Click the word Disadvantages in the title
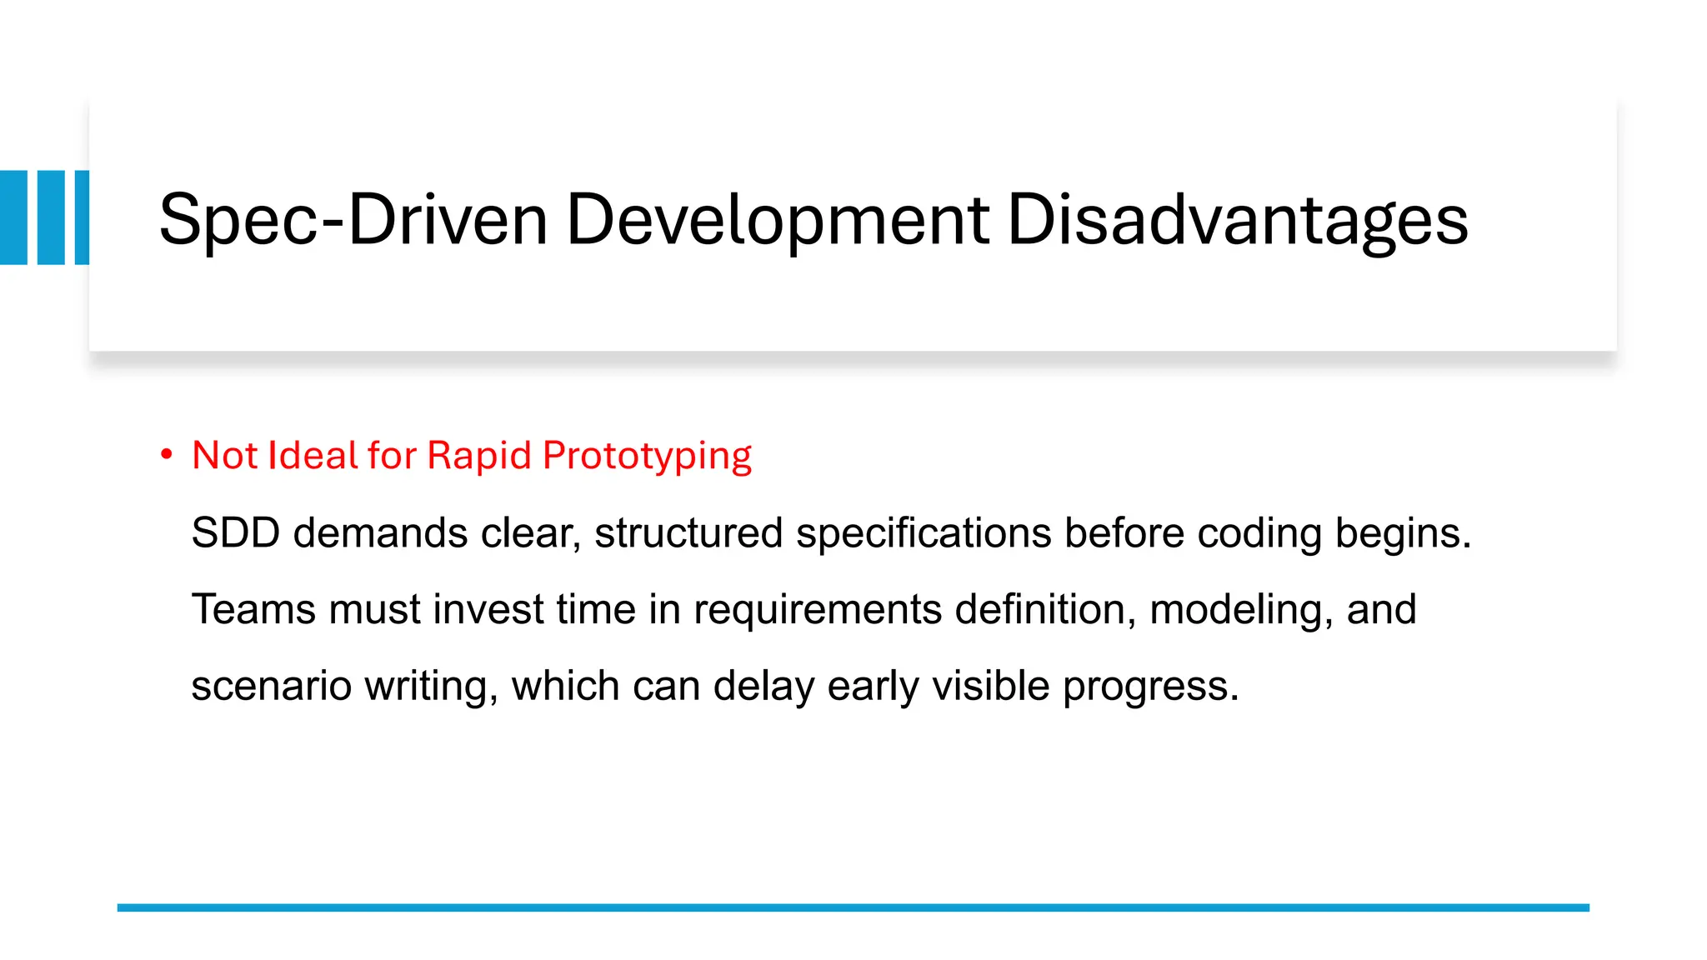coord(1237,220)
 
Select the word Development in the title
coord(778,220)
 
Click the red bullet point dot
coord(167,455)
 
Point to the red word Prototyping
coord(647,456)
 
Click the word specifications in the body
coord(923,533)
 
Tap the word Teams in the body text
coord(253,609)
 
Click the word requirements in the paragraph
coord(817,610)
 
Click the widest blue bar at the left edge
coord(13,217)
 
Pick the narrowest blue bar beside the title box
coord(82,217)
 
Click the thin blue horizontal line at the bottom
coord(853,907)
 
